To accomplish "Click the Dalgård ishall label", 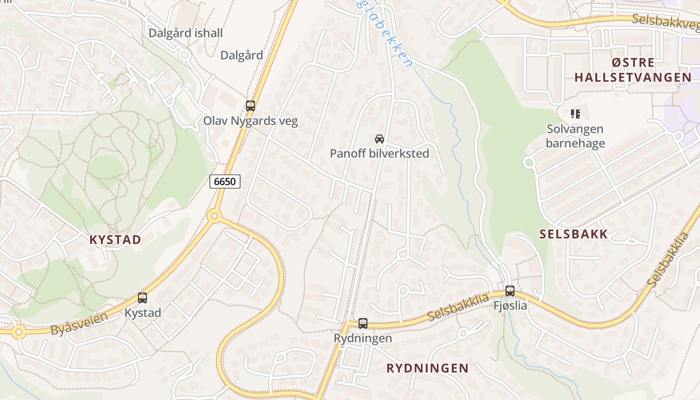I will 185,33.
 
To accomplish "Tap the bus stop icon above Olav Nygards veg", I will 250,106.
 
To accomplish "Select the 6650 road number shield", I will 224,181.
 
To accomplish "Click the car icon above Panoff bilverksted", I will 379,138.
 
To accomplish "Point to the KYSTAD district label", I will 115,239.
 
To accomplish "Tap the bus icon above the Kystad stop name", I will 142,298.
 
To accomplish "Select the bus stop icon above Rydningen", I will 363,323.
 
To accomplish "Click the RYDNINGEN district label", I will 427,368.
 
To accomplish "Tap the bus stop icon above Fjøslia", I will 510,290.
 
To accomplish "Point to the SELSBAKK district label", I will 573,234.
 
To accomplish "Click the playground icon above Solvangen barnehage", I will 575,114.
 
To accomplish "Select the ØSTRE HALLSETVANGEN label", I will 632,70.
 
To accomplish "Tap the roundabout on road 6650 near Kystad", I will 214,216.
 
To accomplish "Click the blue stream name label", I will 385,34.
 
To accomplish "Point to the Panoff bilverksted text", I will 379,153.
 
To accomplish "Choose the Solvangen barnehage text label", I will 575,136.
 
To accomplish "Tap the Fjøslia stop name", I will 510,305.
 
